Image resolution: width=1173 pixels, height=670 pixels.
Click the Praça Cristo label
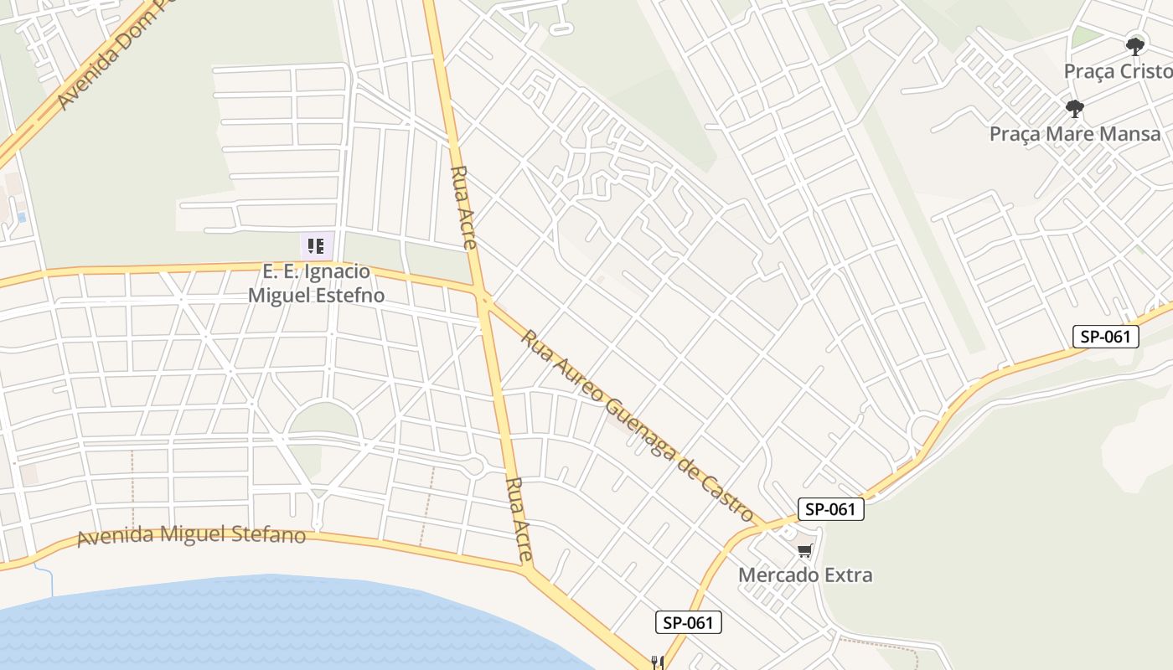click(1118, 71)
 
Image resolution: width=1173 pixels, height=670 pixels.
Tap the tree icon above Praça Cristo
click(1135, 45)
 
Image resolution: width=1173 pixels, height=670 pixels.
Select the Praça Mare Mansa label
click(1075, 134)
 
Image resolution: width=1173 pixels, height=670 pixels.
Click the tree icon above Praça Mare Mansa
click(1074, 108)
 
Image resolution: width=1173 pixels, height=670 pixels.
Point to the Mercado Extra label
click(804, 575)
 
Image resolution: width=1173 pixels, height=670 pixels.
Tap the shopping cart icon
click(804, 550)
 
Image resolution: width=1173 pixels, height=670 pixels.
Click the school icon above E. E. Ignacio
click(316, 245)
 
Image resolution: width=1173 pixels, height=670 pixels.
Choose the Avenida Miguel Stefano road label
click(191, 534)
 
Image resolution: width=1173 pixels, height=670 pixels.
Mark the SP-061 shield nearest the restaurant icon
click(688, 622)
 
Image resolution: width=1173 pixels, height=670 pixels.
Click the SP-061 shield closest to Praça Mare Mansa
click(1106, 337)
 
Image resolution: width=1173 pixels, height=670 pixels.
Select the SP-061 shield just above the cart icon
click(829, 509)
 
